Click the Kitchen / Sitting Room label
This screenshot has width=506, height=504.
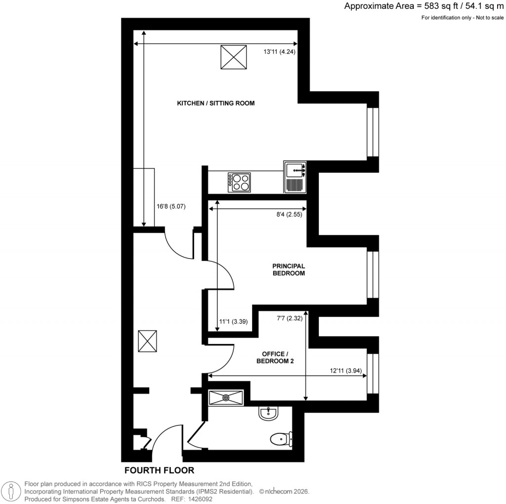(216, 103)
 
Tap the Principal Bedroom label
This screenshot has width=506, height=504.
(289, 269)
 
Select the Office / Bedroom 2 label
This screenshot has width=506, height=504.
(275, 358)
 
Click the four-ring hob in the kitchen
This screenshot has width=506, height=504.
(239, 182)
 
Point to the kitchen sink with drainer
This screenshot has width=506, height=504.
(295, 177)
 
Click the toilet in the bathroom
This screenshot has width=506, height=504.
(282, 438)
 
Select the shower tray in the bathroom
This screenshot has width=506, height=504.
(226, 397)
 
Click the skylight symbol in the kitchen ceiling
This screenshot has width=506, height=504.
(233, 57)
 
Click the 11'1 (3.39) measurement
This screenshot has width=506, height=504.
(233, 321)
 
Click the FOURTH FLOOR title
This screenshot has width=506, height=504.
(159, 470)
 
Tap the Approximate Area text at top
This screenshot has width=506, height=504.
(423, 6)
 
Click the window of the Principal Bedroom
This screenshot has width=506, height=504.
(373, 275)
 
